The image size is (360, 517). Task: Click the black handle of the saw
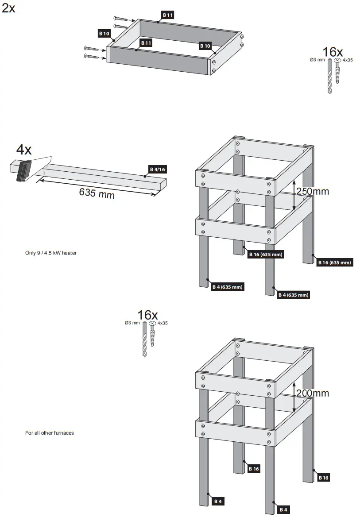click(x=23, y=171)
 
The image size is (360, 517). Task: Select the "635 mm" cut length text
click(x=97, y=193)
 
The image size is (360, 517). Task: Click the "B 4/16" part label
click(x=158, y=169)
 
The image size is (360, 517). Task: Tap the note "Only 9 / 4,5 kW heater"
click(x=51, y=253)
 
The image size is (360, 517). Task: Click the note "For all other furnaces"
click(x=49, y=433)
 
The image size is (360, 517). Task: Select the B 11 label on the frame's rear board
click(x=168, y=15)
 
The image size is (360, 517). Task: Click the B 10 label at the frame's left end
click(x=104, y=33)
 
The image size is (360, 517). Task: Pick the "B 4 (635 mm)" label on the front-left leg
click(x=228, y=287)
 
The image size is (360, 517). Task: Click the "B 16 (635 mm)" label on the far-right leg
click(x=334, y=262)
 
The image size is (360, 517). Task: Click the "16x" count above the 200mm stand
click(x=147, y=315)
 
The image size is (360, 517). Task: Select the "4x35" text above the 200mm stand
click(x=163, y=324)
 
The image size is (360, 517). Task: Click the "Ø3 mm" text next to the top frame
click(x=317, y=59)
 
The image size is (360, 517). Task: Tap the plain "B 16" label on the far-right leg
click(x=323, y=478)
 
